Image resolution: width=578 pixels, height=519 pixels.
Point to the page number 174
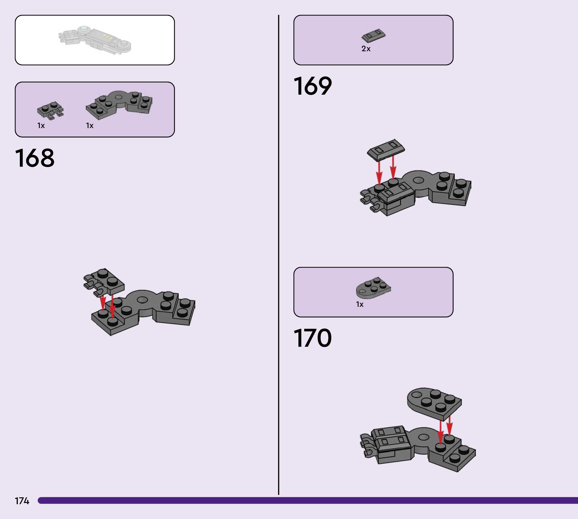pyautogui.click(x=22, y=501)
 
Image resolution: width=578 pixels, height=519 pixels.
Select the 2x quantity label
pyautogui.click(x=366, y=49)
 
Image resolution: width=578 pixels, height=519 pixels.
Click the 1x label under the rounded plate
pyautogui.click(x=360, y=304)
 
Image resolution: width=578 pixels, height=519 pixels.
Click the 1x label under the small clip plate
pyautogui.click(x=41, y=126)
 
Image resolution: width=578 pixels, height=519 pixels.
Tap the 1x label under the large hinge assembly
pyautogui.click(x=90, y=126)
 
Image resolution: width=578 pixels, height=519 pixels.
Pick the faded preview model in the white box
pyautogui.click(x=95, y=40)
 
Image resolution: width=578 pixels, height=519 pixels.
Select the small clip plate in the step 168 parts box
pyautogui.click(x=50, y=110)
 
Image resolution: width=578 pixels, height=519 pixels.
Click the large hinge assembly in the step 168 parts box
pyautogui.click(x=119, y=104)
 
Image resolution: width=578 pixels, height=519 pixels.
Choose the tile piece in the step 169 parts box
pyautogui.click(x=373, y=36)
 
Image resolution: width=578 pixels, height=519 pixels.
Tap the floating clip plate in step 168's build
pyautogui.click(x=104, y=281)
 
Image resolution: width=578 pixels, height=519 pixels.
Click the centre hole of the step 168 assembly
pyautogui.click(x=142, y=299)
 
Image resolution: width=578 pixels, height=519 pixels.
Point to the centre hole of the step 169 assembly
pyautogui.click(x=418, y=180)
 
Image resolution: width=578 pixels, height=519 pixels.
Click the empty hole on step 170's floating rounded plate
pyautogui.click(x=417, y=395)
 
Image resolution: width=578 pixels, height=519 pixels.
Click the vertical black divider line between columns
pyautogui.click(x=278, y=257)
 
